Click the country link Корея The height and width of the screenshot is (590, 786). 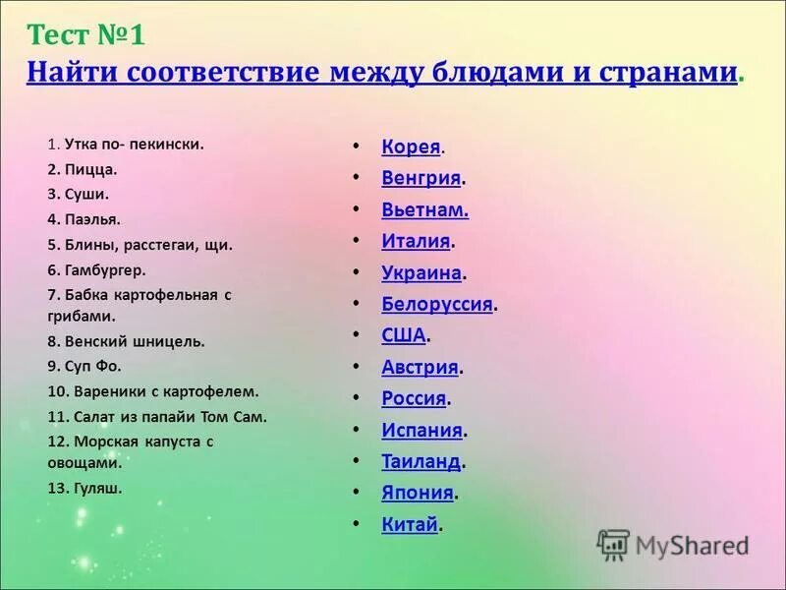click(x=411, y=147)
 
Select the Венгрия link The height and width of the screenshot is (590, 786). click(x=421, y=178)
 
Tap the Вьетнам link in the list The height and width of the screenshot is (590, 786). click(x=424, y=209)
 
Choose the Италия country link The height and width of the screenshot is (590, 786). click(x=416, y=241)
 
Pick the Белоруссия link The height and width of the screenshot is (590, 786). click(x=436, y=304)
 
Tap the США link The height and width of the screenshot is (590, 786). click(x=403, y=335)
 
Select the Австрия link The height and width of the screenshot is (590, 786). click(x=420, y=367)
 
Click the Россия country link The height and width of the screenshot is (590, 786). click(x=414, y=398)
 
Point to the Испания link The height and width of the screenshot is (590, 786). click(x=421, y=430)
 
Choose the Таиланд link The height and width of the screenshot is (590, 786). click(x=421, y=461)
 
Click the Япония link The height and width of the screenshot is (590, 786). click(x=417, y=493)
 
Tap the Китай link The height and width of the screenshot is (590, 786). click(x=409, y=524)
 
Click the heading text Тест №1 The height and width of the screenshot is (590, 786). click(x=86, y=35)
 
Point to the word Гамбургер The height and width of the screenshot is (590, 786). click(x=104, y=268)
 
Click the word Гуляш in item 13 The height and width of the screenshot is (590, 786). click(x=97, y=487)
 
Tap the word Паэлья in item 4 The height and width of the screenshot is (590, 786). click(x=91, y=219)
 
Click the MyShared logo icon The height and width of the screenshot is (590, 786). click(x=614, y=544)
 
